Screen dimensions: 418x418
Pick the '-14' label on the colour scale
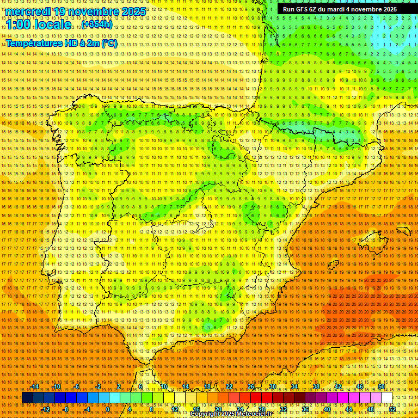coord(35,386)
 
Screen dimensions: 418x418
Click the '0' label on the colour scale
coord(108,409)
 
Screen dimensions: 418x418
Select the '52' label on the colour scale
coord(392,409)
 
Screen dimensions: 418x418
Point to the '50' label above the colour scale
coord(382,386)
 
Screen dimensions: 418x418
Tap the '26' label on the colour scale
coord(251,386)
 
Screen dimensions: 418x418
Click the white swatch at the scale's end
coord(387,398)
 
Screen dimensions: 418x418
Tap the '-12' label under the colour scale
coord(46,409)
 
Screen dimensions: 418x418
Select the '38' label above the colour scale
coord(316,386)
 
